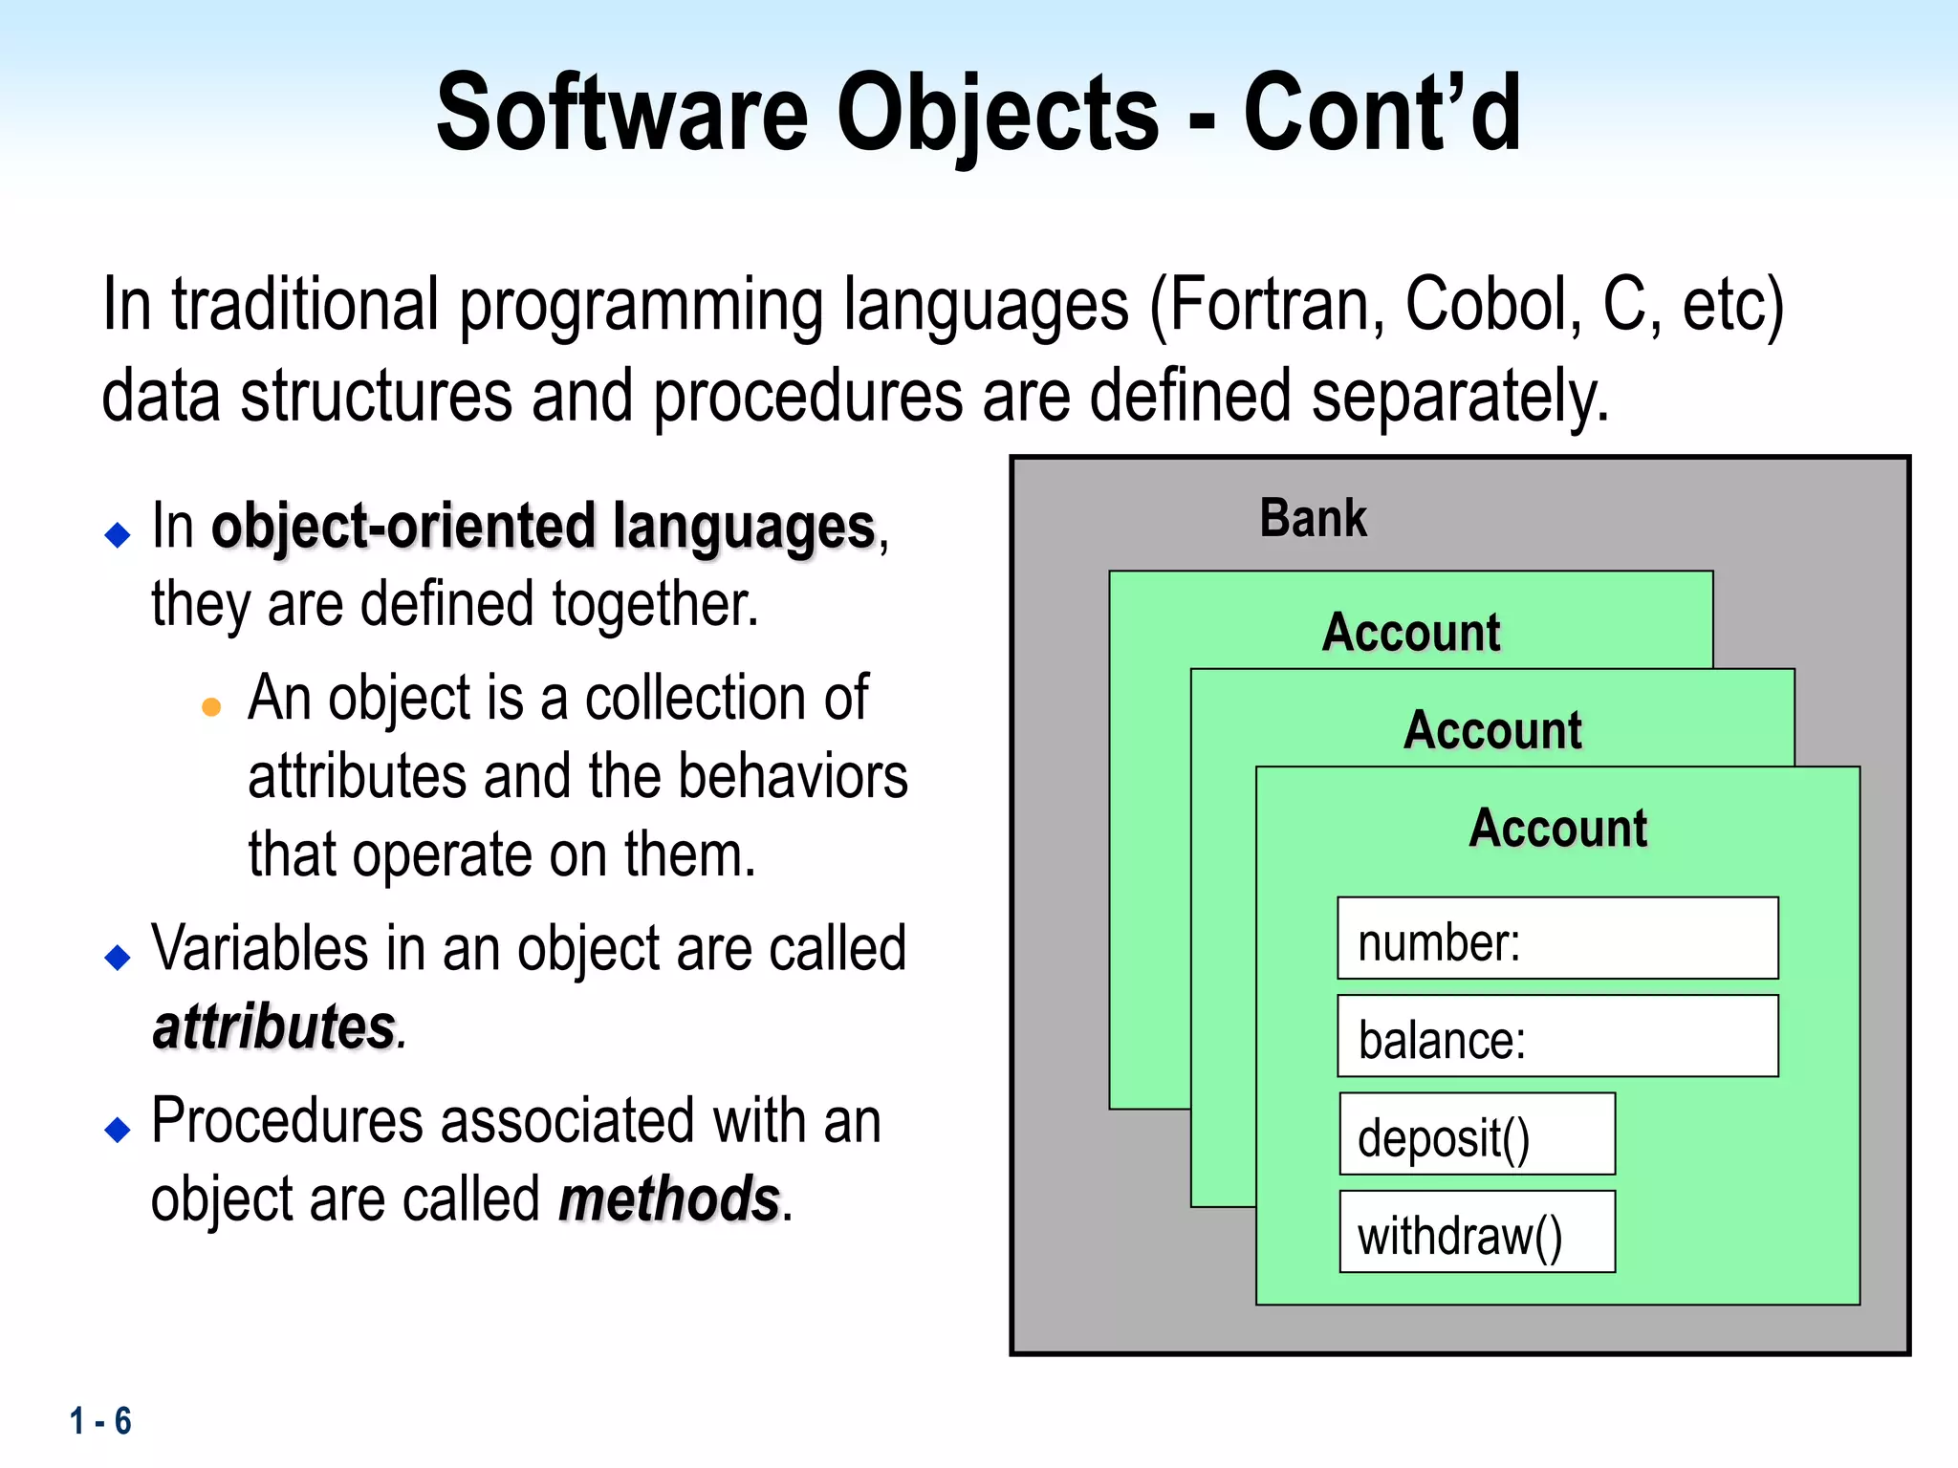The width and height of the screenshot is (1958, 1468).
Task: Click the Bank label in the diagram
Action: pyautogui.click(x=1313, y=519)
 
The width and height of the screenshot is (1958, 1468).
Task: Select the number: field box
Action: pyautogui.click(x=1557, y=939)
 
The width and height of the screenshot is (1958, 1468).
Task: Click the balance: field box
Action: pyautogui.click(x=1557, y=1037)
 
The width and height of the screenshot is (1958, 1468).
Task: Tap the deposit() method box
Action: pyautogui.click(x=1477, y=1134)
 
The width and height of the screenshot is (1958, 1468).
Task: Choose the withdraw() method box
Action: pyautogui.click(x=1477, y=1232)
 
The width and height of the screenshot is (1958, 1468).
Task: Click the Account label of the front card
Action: pyautogui.click(x=1557, y=828)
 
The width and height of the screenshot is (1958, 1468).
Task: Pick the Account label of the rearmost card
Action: pyautogui.click(x=1411, y=633)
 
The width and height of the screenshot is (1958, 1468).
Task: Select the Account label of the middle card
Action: pyautogui.click(x=1492, y=730)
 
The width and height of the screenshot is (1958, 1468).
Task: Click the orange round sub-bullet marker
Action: pyautogui.click(x=211, y=707)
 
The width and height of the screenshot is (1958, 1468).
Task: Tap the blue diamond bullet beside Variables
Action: pyautogui.click(x=118, y=957)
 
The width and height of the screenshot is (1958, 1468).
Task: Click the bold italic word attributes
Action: pyautogui.click(x=274, y=1028)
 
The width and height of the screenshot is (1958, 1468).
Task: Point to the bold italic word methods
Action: pyautogui.click(x=669, y=1200)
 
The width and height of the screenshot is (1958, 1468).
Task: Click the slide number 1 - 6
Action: pyautogui.click(x=100, y=1421)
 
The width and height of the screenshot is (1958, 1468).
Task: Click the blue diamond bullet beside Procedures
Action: pyautogui.click(x=118, y=1130)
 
